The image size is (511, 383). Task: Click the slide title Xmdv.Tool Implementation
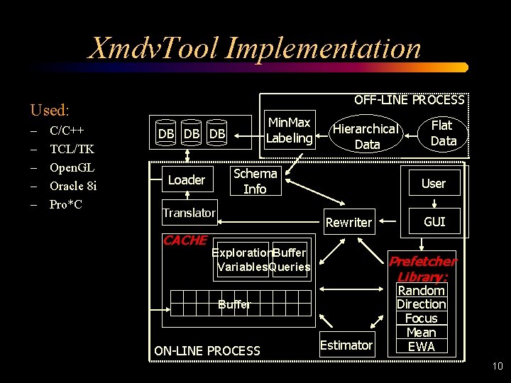(x=254, y=48)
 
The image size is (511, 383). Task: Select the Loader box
(x=187, y=180)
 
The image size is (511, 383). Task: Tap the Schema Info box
(x=255, y=181)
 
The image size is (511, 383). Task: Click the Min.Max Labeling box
(x=289, y=131)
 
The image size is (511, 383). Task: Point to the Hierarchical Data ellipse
(x=366, y=136)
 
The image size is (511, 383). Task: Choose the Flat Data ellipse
(x=443, y=133)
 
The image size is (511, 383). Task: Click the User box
(x=433, y=183)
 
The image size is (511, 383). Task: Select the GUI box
(x=434, y=222)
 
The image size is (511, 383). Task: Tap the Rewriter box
(x=348, y=222)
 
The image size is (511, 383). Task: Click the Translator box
(x=189, y=213)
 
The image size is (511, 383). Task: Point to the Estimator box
(x=346, y=345)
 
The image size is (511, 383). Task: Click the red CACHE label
(x=185, y=240)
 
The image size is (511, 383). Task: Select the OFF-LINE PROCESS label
(x=409, y=100)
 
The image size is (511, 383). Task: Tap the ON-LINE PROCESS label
(x=207, y=350)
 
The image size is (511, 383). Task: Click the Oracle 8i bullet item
(x=72, y=186)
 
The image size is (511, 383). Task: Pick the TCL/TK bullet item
(x=72, y=149)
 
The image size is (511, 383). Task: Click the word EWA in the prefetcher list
(x=422, y=347)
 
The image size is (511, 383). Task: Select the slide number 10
(x=496, y=367)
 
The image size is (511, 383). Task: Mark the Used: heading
(x=50, y=110)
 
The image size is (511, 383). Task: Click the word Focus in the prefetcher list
(x=422, y=318)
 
